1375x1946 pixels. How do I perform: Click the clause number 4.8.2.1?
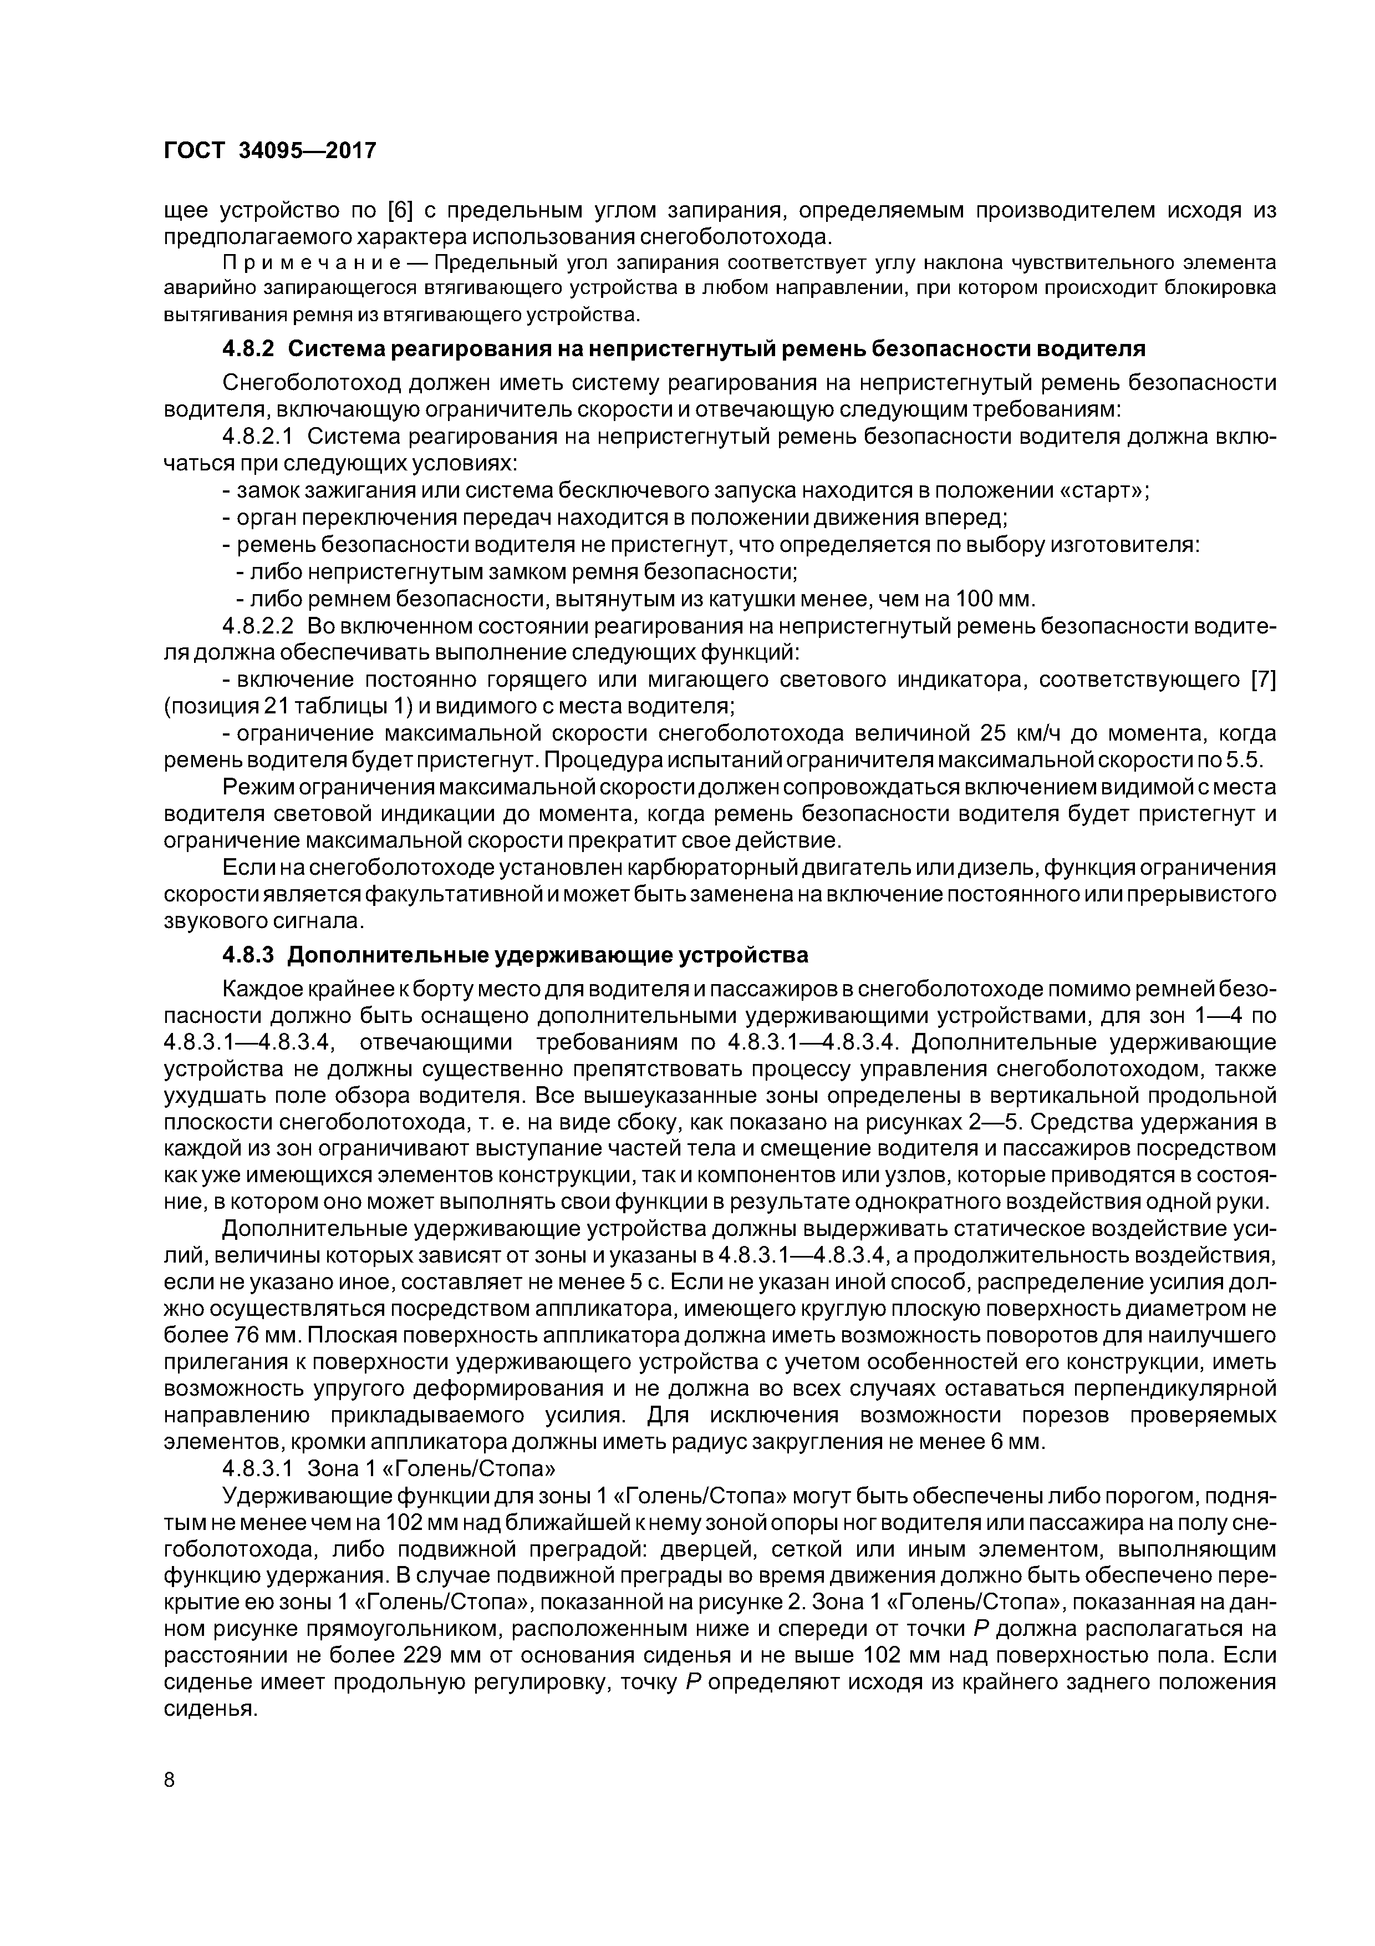[x=257, y=437]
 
